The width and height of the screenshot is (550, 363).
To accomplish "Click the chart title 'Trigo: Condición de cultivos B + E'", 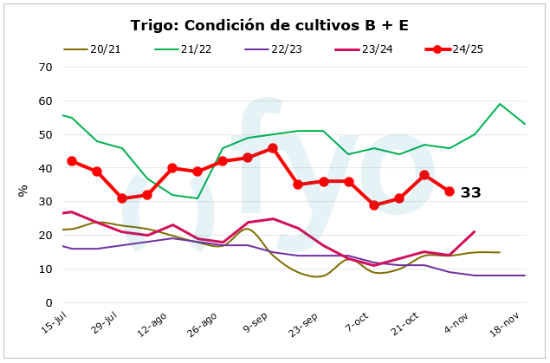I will (269, 25).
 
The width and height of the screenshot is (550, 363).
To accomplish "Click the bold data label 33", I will (470, 192).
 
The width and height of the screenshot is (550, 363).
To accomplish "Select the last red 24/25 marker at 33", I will (450, 191).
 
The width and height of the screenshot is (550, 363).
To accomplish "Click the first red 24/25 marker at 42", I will (72, 161).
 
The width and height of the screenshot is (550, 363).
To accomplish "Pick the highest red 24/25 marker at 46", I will (273, 148).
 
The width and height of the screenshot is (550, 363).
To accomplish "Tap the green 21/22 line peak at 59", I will (500, 104).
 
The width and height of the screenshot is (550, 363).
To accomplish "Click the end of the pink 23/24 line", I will (475, 231).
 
